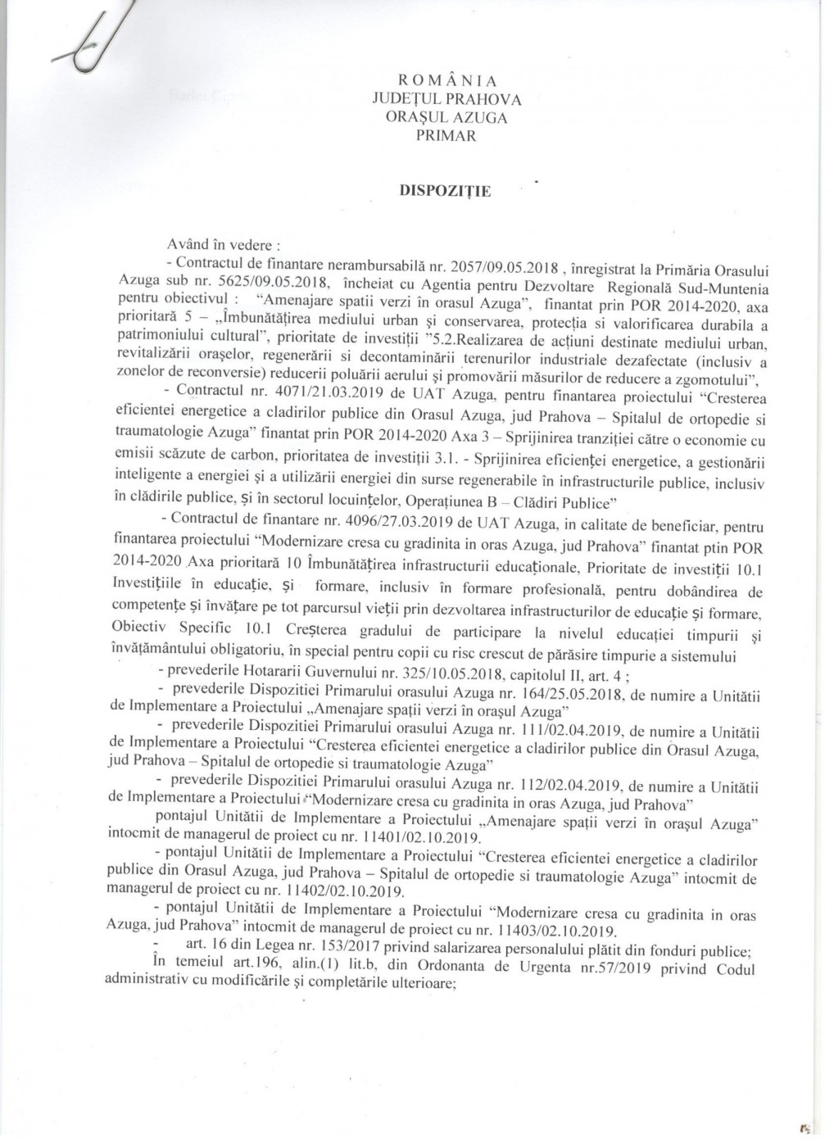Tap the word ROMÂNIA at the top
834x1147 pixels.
click(x=446, y=80)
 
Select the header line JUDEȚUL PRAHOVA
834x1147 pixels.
click(x=446, y=99)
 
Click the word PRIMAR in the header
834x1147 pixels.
click(x=446, y=136)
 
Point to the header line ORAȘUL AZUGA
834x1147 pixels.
click(x=446, y=117)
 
